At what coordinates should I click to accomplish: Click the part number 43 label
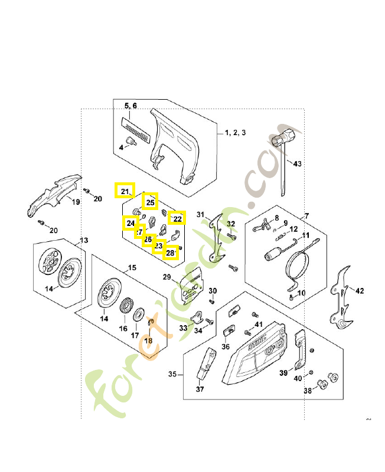[297, 163]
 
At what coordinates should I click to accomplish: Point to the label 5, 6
[130, 106]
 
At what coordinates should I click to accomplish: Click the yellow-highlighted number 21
[125, 191]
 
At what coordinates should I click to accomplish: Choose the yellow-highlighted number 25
[151, 202]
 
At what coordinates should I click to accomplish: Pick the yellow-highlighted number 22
[177, 218]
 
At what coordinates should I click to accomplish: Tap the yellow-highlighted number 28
[170, 253]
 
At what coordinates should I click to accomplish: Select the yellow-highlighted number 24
[130, 224]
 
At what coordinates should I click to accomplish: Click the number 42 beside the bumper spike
[360, 290]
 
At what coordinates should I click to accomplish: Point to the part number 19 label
[76, 202]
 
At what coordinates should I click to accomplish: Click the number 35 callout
[172, 374]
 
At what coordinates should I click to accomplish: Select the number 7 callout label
[306, 216]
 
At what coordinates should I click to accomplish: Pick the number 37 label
[199, 389]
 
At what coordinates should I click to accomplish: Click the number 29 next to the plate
[167, 277]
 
